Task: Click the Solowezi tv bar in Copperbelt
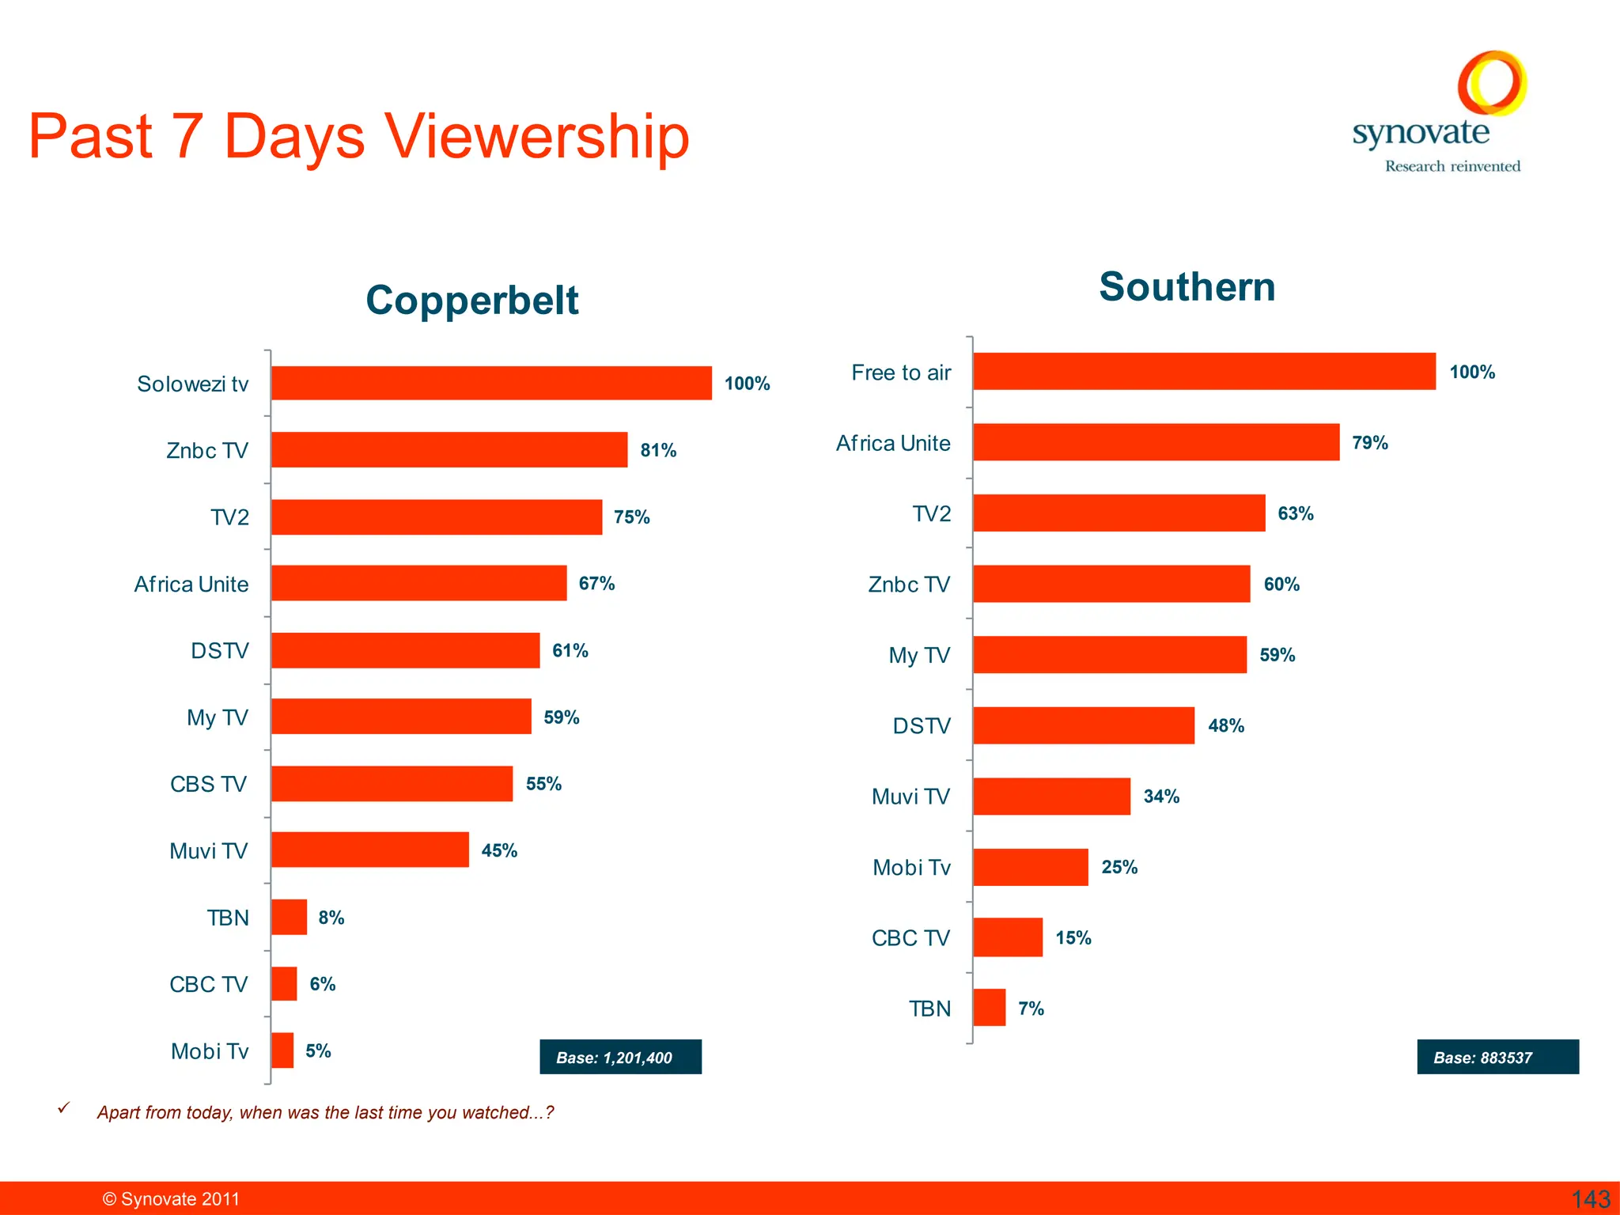click(490, 383)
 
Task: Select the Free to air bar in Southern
click(1203, 371)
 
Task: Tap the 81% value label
click(658, 450)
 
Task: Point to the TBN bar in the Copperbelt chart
click(289, 917)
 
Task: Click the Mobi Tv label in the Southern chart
click(911, 868)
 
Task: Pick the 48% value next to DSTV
click(1225, 725)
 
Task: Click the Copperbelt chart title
click(472, 301)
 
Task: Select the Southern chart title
click(1187, 286)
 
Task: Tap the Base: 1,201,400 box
click(620, 1057)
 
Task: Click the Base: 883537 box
click(1497, 1057)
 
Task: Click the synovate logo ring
click(1491, 83)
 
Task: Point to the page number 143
click(1590, 1199)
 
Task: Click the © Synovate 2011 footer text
click(171, 1199)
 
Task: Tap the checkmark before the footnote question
click(64, 1108)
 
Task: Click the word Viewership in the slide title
click(536, 136)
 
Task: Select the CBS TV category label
click(208, 784)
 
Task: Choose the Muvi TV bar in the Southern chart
click(1051, 796)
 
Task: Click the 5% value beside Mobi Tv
click(318, 1050)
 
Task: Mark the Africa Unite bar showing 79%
click(1156, 442)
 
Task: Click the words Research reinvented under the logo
click(1452, 166)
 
